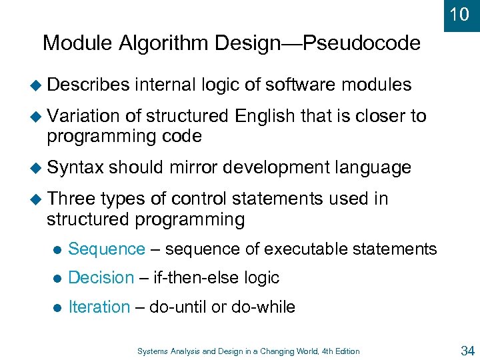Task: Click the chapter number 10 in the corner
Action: tap(459, 14)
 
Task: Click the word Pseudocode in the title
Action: tap(362, 44)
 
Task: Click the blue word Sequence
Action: tap(107, 249)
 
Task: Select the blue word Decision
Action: tap(101, 278)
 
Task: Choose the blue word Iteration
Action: tap(99, 307)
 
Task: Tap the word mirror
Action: tap(194, 167)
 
